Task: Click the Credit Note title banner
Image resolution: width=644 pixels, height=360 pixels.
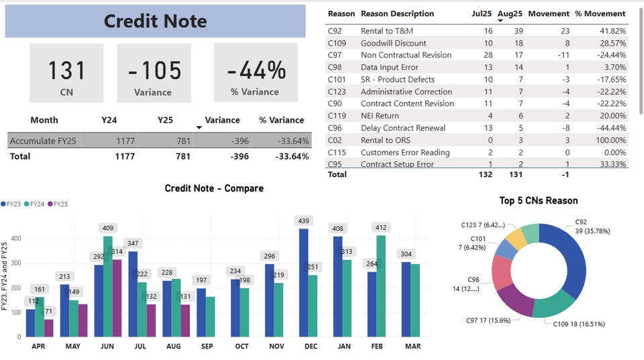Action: point(156,21)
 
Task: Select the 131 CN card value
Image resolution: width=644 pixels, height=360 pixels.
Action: point(67,70)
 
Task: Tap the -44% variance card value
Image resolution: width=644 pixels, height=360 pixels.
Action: point(256,70)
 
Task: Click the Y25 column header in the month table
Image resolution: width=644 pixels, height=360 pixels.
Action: point(165,120)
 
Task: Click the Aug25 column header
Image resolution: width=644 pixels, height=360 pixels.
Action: point(510,13)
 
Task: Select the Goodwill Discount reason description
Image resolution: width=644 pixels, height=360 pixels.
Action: point(393,43)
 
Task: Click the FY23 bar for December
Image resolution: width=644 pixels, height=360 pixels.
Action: point(304,282)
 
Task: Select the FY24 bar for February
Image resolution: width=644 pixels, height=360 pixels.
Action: point(382,286)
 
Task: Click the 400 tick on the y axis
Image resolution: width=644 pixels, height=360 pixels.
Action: point(15,238)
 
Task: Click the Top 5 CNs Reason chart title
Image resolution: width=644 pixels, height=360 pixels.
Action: point(538,200)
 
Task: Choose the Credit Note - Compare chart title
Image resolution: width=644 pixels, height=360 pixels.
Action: point(214,188)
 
